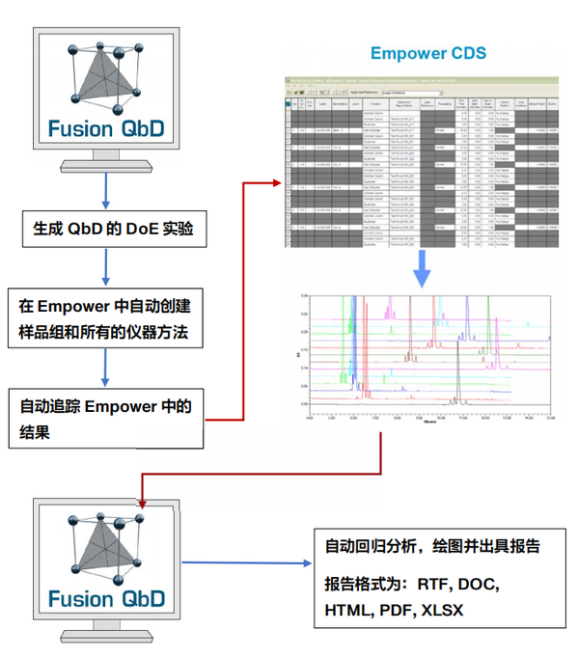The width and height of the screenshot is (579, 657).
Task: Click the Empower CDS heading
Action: pyautogui.click(x=428, y=52)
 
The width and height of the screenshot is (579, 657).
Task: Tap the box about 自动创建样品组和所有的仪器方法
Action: pyautogui.click(x=105, y=319)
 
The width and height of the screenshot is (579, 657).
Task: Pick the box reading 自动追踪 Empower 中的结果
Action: pyautogui.click(x=105, y=420)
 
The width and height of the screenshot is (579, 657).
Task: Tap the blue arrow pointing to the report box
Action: pyautogui.click(x=246, y=561)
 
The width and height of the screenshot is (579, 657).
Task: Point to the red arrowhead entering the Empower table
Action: pyautogui.click(x=280, y=154)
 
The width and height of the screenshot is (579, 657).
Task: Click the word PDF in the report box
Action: pyautogui.click(x=396, y=610)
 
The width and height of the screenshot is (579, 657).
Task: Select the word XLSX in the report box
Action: pyautogui.click(x=442, y=610)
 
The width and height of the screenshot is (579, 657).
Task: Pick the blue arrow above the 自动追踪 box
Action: pyautogui.click(x=105, y=367)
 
